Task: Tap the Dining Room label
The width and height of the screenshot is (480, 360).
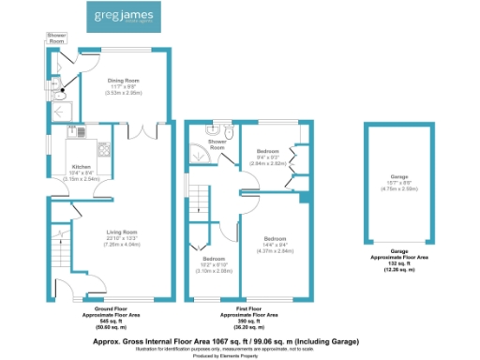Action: [123, 82]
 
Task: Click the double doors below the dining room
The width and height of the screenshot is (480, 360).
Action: [142, 132]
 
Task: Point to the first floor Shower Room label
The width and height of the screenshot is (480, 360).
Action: [217, 144]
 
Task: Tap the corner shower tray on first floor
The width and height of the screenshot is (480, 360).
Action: [198, 153]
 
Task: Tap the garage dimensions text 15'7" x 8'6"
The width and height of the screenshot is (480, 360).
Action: [400, 183]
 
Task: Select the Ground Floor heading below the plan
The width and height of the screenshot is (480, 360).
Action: [112, 307]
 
